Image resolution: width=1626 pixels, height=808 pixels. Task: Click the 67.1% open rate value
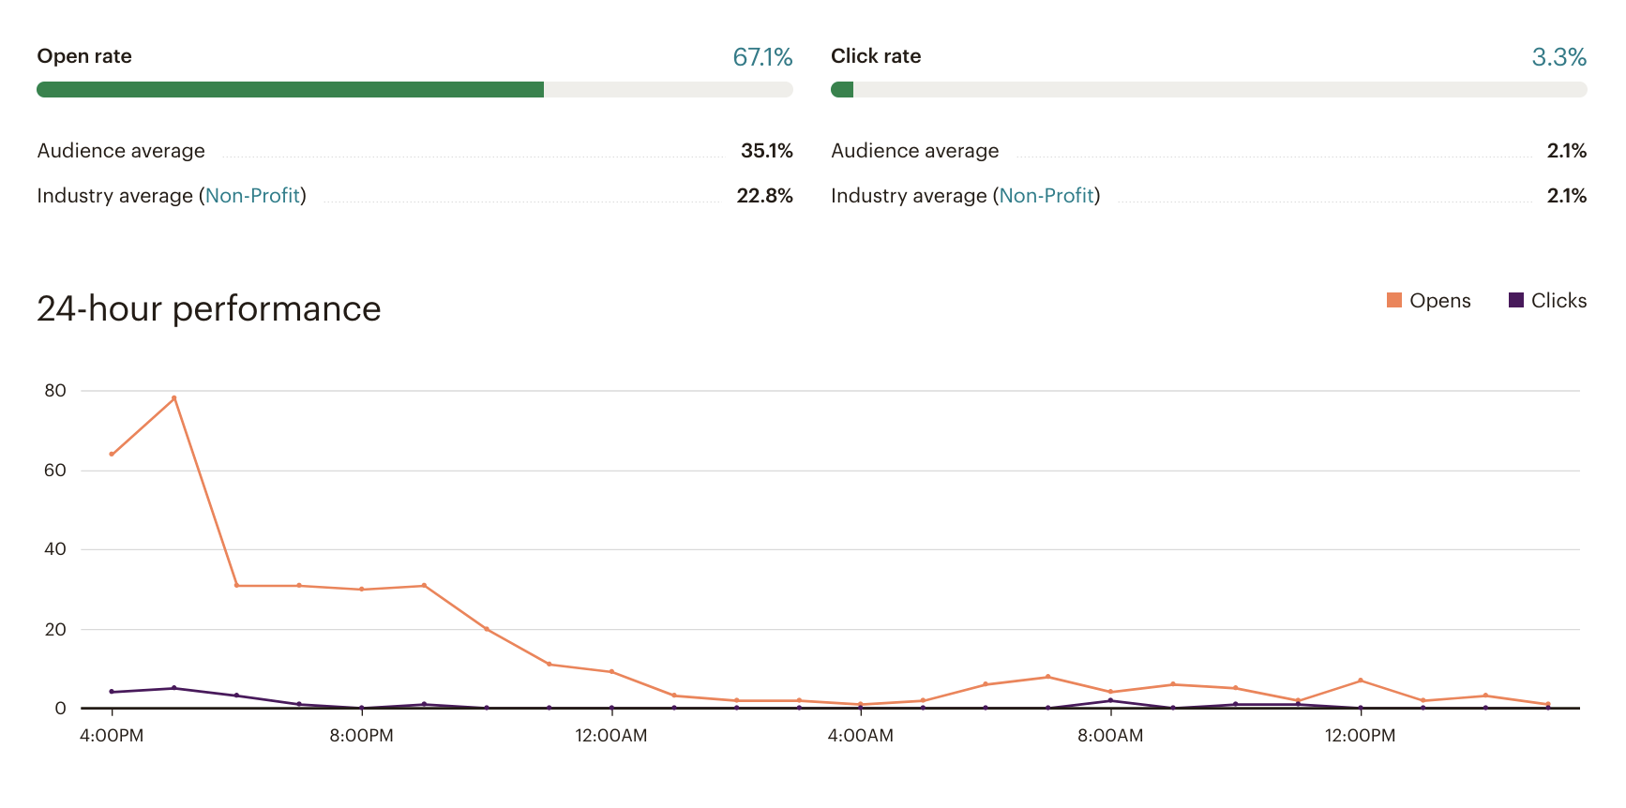coord(762,57)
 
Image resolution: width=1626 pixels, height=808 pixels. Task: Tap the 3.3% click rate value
coord(1558,57)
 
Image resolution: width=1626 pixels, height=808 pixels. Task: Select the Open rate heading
coord(84,56)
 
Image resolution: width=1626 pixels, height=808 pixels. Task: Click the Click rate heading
coord(876,56)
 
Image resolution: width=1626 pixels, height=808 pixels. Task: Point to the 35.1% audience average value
coord(766,151)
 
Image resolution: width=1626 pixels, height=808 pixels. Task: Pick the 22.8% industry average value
coord(764,196)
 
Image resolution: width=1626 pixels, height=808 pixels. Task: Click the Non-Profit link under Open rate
coord(252,196)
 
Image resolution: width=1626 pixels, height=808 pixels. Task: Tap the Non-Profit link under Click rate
coord(1046,196)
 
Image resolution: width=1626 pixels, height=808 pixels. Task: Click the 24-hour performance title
coord(208,309)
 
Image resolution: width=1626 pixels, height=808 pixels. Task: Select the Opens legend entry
coord(1429,301)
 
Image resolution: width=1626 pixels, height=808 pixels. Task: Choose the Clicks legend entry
coord(1548,301)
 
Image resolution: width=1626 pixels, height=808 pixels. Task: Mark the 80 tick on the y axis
coord(55,391)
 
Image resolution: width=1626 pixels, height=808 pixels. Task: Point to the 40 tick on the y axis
coord(55,549)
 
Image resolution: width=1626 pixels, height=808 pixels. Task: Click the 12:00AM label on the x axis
coord(611,736)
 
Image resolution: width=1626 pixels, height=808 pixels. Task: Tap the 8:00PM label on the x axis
coord(361,736)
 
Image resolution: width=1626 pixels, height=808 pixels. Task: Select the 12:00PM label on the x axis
coord(1360,736)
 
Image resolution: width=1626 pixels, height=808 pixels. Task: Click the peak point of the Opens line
coord(174,398)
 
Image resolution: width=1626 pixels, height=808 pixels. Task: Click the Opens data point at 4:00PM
coord(112,454)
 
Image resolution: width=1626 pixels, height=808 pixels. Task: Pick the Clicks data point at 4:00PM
coord(112,692)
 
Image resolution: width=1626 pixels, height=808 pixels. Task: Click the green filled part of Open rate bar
coord(290,90)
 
